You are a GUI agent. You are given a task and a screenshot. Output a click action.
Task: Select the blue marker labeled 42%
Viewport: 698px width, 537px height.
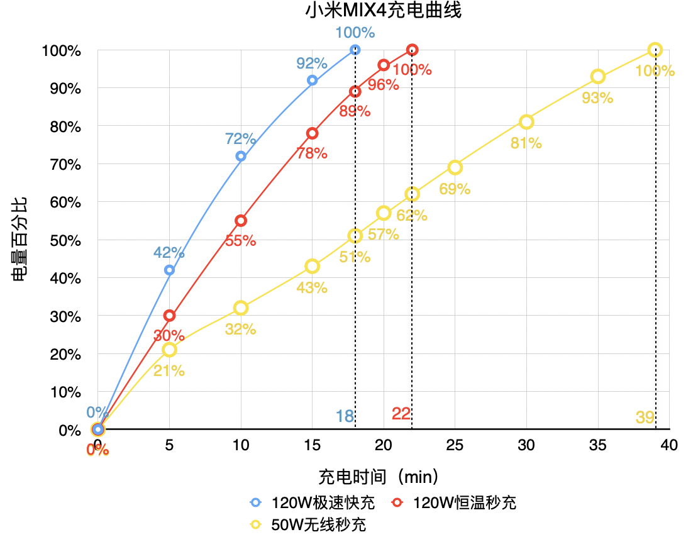point(169,270)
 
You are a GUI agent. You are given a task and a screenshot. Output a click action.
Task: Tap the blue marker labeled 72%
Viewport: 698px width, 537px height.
point(240,157)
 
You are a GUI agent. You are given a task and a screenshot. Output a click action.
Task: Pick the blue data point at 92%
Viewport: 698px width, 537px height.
point(312,80)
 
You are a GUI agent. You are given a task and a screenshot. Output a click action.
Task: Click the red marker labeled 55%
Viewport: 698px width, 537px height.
point(240,221)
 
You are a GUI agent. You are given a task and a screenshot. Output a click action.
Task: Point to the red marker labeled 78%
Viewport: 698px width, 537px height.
point(312,133)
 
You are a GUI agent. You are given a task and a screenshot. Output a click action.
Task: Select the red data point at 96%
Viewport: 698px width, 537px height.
point(384,65)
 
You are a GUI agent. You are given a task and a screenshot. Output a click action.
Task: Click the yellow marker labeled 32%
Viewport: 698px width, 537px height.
point(240,308)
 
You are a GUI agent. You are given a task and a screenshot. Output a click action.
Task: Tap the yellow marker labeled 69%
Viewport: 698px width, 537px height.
point(455,167)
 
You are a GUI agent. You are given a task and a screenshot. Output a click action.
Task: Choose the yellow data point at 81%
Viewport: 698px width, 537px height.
point(526,122)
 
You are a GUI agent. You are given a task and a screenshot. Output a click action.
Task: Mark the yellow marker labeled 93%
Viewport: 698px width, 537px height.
point(597,77)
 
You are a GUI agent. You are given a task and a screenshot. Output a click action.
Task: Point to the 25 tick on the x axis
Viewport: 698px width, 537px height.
point(455,445)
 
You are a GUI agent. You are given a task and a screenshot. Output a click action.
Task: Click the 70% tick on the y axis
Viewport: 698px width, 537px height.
point(61,164)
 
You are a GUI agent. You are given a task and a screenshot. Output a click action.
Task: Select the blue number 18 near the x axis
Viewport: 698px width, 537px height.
point(345,416)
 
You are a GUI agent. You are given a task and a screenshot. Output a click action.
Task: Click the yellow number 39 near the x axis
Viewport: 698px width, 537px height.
point(645,417)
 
